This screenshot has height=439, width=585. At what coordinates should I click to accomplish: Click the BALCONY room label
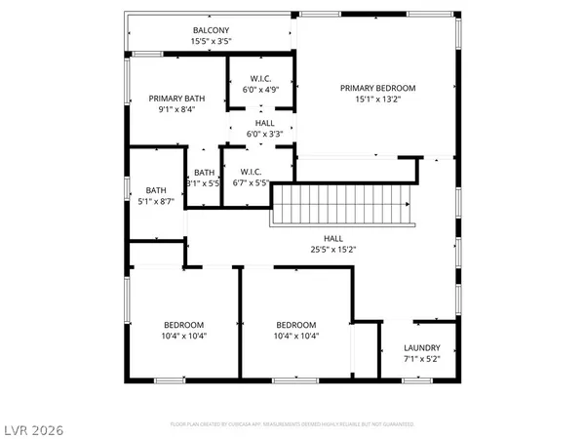(x=211, y=30)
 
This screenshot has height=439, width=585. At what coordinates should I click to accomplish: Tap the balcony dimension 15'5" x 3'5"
(x=211, y=42)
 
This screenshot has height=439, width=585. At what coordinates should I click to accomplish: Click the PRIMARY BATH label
(x=176, y=99)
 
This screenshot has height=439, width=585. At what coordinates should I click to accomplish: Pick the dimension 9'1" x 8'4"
(x=176, y=110)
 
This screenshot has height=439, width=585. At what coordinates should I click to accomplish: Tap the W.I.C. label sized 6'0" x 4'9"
(x=259, y=78)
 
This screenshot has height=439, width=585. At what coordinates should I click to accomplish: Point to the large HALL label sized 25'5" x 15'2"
(x=333, y=237)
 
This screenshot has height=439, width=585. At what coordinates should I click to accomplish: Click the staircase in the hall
(x=341, y=206)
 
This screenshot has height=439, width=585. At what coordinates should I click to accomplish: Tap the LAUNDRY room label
(x=422, y=347)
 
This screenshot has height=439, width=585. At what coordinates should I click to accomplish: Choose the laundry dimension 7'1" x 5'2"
(x=422, y=359)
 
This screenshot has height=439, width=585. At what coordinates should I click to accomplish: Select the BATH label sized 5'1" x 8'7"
(x=156, y=190)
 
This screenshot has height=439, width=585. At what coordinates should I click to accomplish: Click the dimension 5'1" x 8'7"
(x=156, y=202)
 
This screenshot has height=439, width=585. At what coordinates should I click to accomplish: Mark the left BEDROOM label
(x=183, y=325)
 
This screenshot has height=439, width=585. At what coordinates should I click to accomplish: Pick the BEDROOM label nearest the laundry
(x=296, y=325)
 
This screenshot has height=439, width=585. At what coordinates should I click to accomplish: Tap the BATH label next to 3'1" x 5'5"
(x=204, y=172)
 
